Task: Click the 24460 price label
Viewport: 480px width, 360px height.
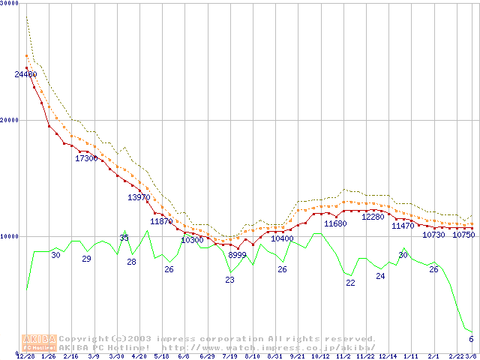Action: click(25, 74)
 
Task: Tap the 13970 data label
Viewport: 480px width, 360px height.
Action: click(139, 197)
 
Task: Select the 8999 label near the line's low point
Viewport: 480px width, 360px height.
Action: click(237, 256)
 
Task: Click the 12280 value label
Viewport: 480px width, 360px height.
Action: click(373, 217)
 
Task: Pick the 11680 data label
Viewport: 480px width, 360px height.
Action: click(335, 223)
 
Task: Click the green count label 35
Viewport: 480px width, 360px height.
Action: click(124, 238)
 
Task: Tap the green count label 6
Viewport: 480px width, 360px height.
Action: click(471, 339)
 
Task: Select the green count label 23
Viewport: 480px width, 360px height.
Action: click(229, 280)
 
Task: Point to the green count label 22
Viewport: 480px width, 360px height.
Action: click(350, 283)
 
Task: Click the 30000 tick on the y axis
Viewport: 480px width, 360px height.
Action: click(9, 4)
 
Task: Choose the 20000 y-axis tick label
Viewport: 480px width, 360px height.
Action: click(9, 120)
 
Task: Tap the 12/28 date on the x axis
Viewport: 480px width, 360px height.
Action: click(26, 356)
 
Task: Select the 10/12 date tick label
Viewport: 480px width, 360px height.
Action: click(320, 356)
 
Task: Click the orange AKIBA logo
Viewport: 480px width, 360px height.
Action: click(40, 343)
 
